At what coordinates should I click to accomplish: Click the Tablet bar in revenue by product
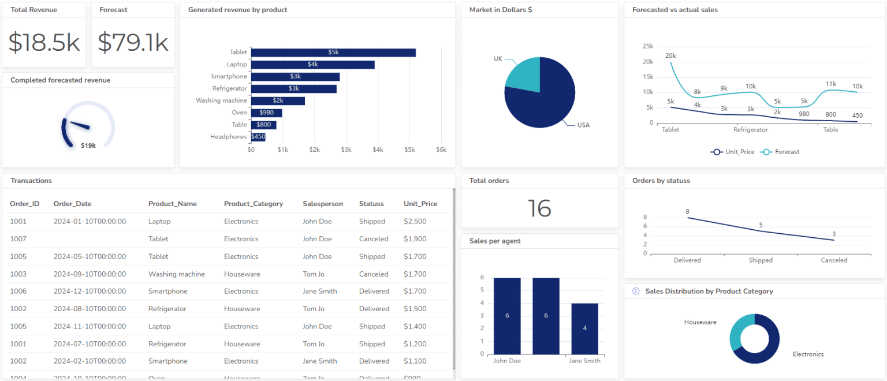333,53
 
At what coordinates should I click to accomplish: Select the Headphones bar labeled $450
258,137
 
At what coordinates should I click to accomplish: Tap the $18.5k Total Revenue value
44,43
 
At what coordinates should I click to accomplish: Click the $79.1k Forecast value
133,43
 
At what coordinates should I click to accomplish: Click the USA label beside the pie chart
583,125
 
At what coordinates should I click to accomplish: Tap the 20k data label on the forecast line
670,56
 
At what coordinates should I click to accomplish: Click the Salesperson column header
322,204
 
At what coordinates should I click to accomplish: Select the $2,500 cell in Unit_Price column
415,222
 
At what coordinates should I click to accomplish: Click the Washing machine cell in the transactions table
176,274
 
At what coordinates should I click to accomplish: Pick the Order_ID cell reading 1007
18,239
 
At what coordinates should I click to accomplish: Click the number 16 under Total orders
539,208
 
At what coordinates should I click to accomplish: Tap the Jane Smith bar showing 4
584,328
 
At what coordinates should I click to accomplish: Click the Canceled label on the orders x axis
834,260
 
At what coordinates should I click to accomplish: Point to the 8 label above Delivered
687,212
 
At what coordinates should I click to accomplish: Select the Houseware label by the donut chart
700,322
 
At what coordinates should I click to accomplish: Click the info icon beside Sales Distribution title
636,292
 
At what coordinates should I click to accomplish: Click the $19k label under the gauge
88,146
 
